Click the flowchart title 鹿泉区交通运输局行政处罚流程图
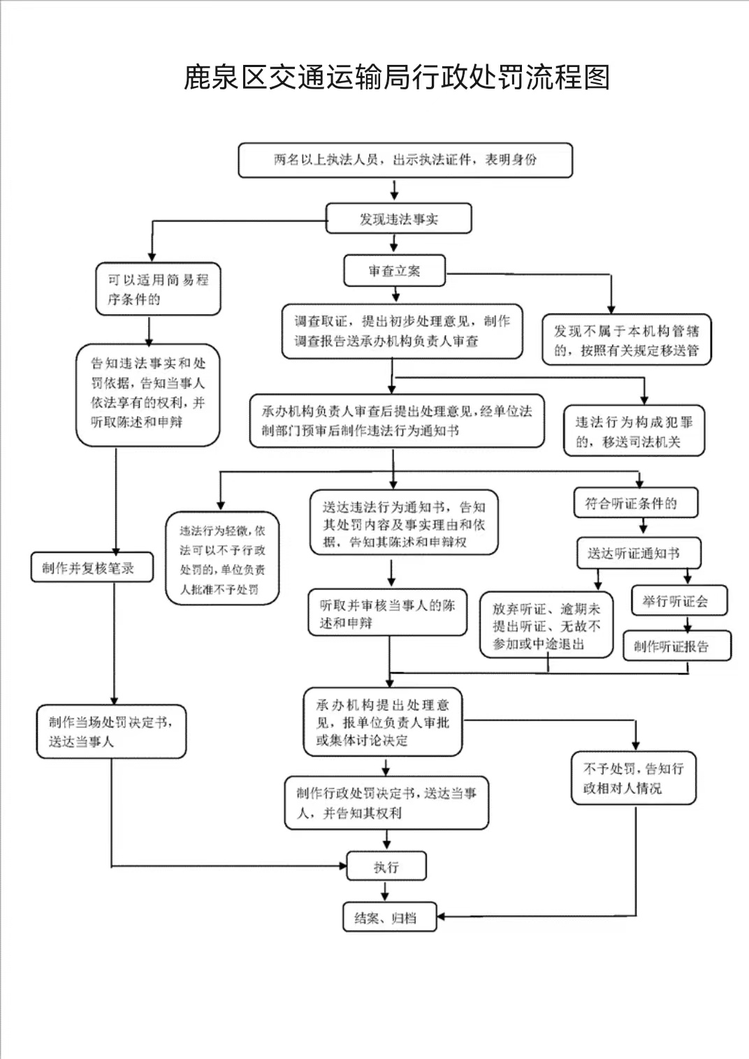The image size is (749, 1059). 396,77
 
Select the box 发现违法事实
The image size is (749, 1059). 398,219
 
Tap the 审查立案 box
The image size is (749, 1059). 394,271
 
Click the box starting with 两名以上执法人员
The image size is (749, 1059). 405,160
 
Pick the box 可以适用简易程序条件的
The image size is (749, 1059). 158,289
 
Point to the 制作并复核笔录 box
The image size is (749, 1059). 92,568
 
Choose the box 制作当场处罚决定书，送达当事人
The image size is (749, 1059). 111,732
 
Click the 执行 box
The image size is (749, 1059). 386,867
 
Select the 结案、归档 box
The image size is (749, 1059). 389,917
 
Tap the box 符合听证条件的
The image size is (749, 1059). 636,503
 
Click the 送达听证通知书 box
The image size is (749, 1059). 639,554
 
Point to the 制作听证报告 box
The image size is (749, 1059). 676,646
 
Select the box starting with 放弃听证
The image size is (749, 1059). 546,626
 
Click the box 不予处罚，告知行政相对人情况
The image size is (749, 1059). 634,778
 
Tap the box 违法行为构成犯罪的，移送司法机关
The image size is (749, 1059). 634,431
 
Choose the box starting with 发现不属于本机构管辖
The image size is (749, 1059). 626,340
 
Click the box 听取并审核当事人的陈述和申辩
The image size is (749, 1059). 387,613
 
